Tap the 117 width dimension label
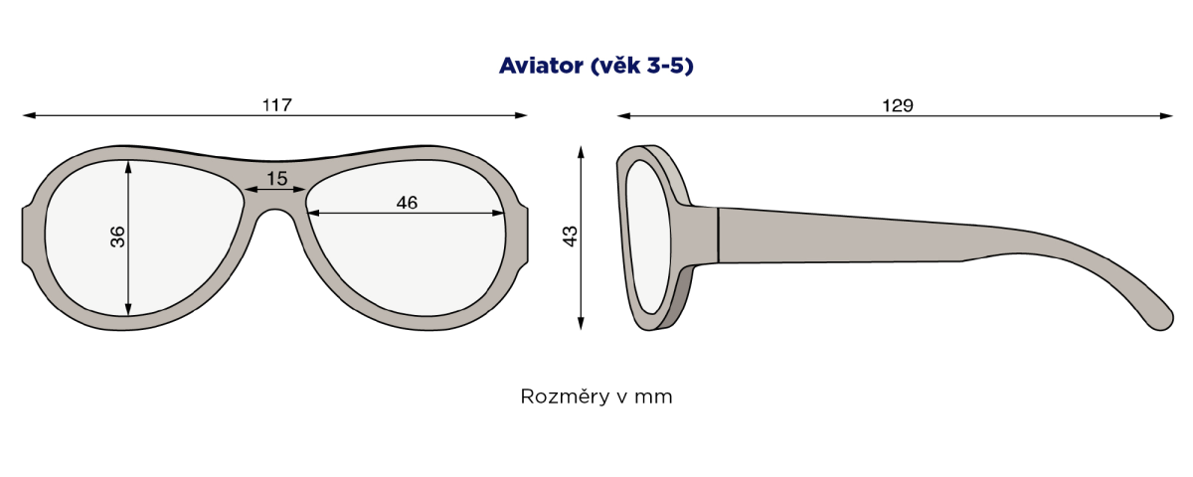277,105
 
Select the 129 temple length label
898,105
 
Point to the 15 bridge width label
277,178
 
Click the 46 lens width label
407,203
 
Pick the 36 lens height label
117,237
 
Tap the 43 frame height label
570,237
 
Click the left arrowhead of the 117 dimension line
29,115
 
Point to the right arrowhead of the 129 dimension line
1166,115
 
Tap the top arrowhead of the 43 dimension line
581,152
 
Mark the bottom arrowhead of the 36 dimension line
128,309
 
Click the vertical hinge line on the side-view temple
719,235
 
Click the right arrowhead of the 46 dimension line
497,213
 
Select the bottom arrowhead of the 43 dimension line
581,323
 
